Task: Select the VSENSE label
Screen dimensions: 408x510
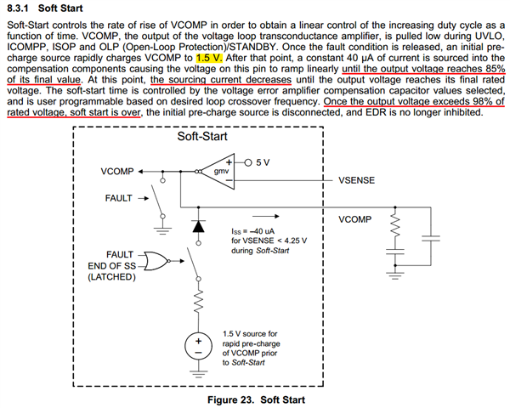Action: click(356, 180)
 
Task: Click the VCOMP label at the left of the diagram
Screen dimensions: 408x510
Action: click(116, 171)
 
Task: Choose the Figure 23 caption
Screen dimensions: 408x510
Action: click(254, 399)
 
